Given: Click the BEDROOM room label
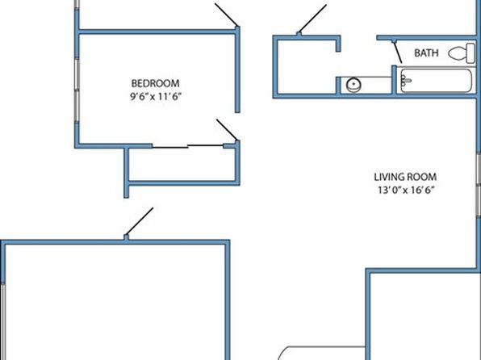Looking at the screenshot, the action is pyautogui.click(x=155, y=83).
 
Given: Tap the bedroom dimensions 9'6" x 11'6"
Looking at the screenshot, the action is pyautogui.click(x=156, y=97).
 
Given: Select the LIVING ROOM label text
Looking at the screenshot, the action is pyautogui.click(x=405, y=177).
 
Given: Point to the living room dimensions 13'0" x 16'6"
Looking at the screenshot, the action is pyautogui.click(x=406, y=190).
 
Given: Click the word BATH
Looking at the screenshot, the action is pyautogui.click(x=426, y=53).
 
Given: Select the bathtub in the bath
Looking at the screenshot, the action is pyautogui.click(x=436, y=80).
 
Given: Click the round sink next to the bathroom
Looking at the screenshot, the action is pyautogui.click(x=353, y=85).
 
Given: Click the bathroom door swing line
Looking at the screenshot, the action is pyautogui.click(x=398, y=52).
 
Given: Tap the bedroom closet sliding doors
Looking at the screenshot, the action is pyautogui.click(x=187, y=146).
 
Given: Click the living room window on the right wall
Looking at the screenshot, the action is pyautogui.click(x=479, y=184).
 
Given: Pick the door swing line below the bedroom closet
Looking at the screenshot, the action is pyautogui.click(x=140, y=222).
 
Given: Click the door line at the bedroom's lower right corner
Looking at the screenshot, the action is pyautogui.click(x=227, y=130).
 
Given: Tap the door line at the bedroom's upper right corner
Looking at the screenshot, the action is pyautogui.click(x=227, y=15).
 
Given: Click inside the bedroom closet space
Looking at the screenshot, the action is pyautogui.click(x=182, y=165).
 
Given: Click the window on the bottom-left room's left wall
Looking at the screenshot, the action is pyautogui.click(x=2, y=321).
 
